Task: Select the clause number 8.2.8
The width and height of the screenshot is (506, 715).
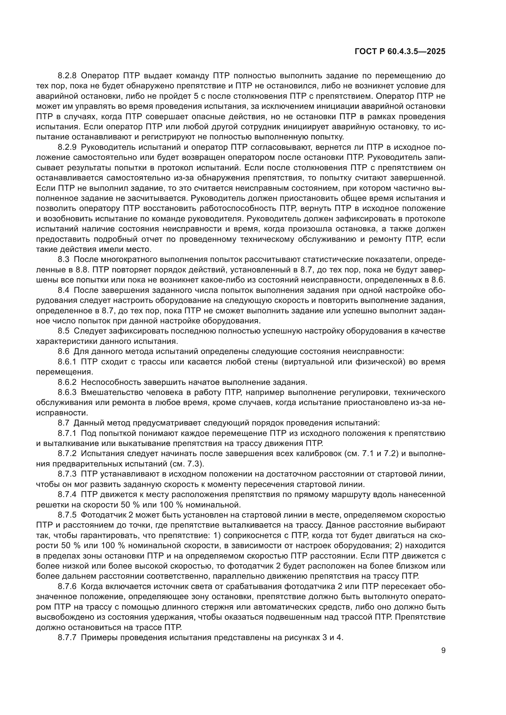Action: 67,76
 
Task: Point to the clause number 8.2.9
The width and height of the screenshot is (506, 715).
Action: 67,147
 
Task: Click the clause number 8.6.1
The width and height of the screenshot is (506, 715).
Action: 67,362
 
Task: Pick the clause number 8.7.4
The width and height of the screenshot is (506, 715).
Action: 67,495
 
